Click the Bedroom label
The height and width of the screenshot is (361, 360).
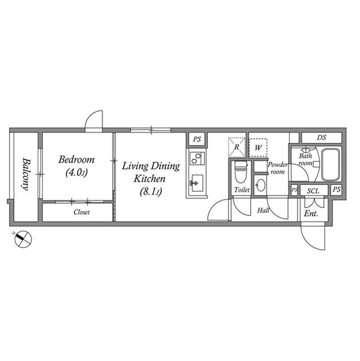[x=76, y=160]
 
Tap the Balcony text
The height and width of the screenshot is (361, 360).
[x=26, y=174]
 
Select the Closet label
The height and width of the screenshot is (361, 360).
[x=82, y=212]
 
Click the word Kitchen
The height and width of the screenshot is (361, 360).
[x=150, y=179]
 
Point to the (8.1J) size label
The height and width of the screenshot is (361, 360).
[x=151, y=192]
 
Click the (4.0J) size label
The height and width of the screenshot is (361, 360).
[x=77, y=172]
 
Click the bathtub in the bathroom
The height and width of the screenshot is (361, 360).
[x=330, y=165]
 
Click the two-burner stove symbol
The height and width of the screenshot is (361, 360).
[x=197, y=159]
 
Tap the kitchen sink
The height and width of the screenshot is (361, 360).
[x=197, y=183]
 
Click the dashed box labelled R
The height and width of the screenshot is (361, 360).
[x=237, y=147]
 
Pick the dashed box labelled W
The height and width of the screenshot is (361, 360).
[x=258, y=148]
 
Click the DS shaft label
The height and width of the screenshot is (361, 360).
[x=321, y=138]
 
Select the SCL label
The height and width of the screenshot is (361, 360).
[x=313, y=191]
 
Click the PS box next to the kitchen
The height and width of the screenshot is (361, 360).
[x=197, y=139]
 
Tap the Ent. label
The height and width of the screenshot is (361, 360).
[x=311, y=214]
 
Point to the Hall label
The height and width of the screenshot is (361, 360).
[x=263, y=210]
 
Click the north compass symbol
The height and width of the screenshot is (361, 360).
[x=23, y=239]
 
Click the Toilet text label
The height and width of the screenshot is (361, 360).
[x=242, y=190]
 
